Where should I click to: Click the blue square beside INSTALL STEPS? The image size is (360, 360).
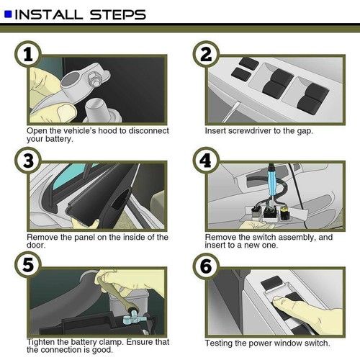pyautogui.click(x=8, y=14)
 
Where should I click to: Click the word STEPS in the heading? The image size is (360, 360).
pyautogui.click(x=118, y=14)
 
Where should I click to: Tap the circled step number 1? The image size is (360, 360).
pyautogui.click(x=28, y=55)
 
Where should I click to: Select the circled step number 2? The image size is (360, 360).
pyautogui.click(x=206, y=55)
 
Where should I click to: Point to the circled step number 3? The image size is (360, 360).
pyautogui.click(x=28, y=161)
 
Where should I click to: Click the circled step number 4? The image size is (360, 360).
pyautogui.click(x=206, y=161)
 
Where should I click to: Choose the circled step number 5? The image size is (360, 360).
pyautogui.click(x=28, y=265)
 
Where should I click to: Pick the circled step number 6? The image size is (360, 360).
pyautogui.click(x=206, y=266)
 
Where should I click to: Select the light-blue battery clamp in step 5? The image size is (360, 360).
pyautogui.click(x=132, y=318)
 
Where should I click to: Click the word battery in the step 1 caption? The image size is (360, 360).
pyautogui.click(x=59, y=139)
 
